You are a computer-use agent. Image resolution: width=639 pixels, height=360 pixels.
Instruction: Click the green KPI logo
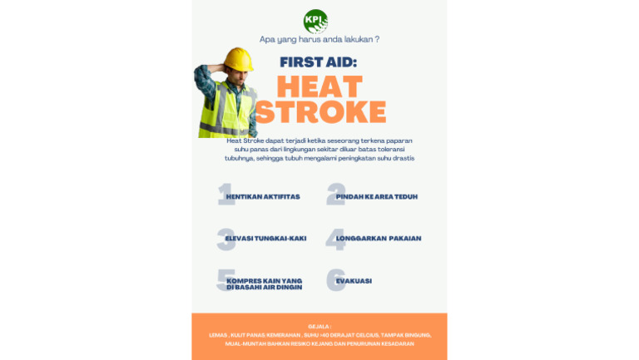[315, 21]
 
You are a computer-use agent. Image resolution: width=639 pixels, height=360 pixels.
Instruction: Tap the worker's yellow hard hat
[238, 59]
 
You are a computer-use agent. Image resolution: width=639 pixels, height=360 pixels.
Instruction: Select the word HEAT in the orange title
[319, 86]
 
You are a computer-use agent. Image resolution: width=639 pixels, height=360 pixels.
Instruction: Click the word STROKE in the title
[320, 111]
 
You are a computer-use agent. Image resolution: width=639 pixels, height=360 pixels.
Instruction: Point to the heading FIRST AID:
[319, 62]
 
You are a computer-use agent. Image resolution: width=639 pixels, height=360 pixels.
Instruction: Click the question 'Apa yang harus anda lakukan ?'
[319, 39]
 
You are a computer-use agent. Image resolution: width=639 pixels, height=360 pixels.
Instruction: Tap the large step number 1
[223, 195]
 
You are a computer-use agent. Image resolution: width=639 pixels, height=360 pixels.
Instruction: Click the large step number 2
[335, 195]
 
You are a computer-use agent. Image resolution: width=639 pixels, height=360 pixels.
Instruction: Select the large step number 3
[225, 239]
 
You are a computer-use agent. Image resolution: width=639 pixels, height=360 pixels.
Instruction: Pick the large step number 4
[335, 239]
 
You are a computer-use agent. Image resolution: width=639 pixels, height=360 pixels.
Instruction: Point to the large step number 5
[225, 280]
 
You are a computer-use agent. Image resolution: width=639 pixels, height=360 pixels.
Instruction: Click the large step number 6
[335, 280]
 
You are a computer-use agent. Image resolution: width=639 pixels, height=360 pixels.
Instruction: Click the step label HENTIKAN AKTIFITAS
[263, 197]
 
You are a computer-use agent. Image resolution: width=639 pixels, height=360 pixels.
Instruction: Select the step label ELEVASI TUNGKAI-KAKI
[265, 239]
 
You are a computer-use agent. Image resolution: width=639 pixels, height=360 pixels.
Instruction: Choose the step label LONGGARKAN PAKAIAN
[379, 239]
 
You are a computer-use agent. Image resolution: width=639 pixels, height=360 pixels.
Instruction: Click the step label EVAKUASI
[354, 281]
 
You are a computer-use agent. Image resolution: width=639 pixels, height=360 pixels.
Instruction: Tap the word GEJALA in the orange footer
[319, 327]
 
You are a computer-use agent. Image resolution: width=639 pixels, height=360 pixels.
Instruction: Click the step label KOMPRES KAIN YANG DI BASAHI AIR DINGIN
[265, 284]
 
